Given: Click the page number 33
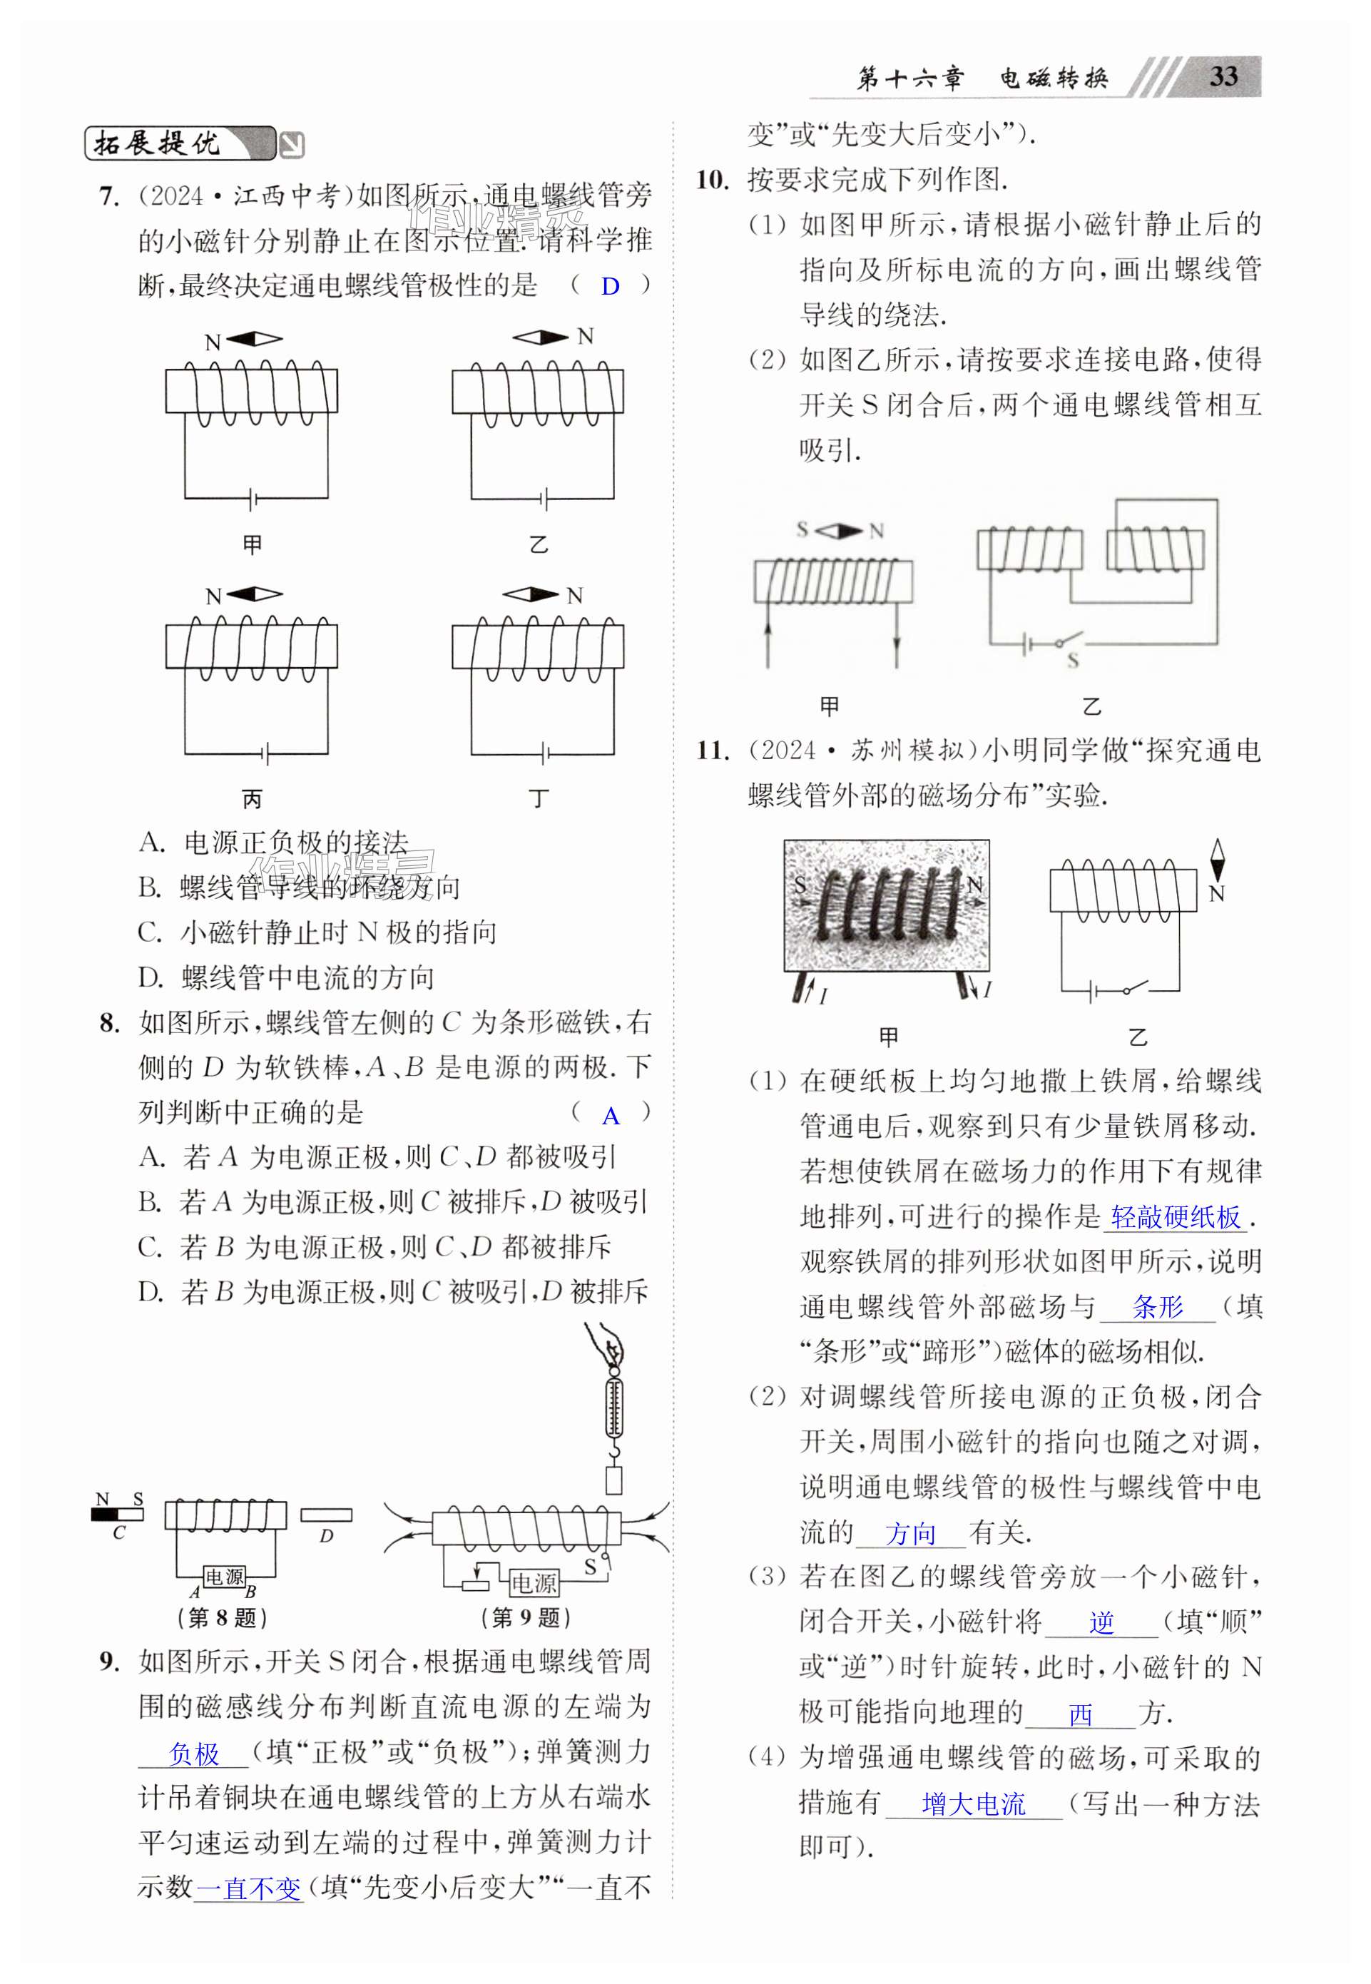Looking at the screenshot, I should [1223, 76].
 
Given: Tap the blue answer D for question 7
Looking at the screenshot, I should [610, 286].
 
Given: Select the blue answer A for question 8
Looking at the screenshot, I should [610, 1116].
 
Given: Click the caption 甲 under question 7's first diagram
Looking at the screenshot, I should [252, 544].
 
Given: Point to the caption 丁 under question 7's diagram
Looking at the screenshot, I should [539, 799].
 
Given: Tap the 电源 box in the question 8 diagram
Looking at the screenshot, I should [224, 1577].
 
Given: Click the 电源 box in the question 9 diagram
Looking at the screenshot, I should [534, 1582].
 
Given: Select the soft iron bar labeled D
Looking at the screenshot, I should [325, 1515].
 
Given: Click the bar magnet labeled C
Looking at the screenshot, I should [118, 1514].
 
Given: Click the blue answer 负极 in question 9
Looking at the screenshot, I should [194, 1753].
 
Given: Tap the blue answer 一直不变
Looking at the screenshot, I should [249, 1888].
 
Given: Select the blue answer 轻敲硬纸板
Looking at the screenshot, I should [1175, 1217].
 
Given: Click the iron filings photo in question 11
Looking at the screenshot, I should [887, 905].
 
